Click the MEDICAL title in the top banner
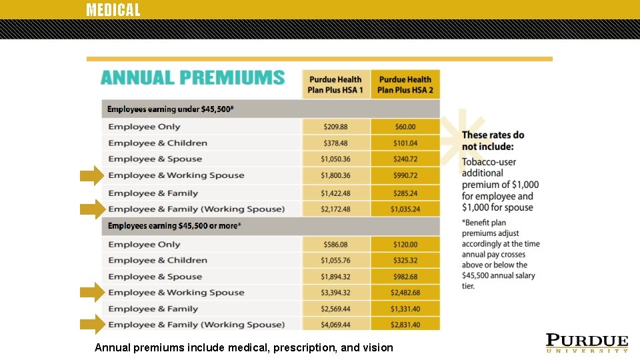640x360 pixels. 113,10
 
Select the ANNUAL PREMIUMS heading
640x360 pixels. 193,78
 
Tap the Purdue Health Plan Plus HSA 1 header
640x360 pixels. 335,85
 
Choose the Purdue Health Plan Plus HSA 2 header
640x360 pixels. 405,85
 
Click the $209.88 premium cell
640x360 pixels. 335,127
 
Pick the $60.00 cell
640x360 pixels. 405,127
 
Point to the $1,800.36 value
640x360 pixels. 335,175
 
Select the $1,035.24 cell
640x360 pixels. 405,209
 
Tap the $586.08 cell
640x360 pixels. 335,245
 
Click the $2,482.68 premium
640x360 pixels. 405,293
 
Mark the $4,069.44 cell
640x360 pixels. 335,325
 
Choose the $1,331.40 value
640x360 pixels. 405,309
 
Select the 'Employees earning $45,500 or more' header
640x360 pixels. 175,226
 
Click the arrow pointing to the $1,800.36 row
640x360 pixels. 92,176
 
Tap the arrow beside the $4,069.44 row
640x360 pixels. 92,325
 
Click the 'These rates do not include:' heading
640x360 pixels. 493,141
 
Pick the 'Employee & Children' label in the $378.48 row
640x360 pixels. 158,143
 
